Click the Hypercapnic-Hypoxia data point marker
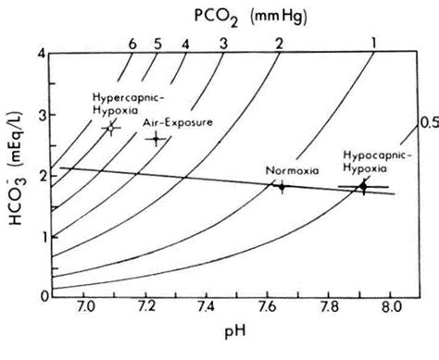[111, 127]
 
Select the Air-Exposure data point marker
[157, 139]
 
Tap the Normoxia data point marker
[282, 186]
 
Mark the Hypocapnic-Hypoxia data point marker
[363, 187]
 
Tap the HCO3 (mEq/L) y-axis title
[19, 174]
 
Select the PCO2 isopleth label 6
[133, 43]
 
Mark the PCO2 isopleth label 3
[222, 43]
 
